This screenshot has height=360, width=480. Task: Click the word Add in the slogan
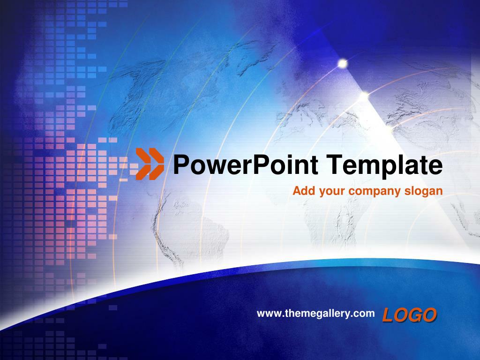(x=301, y=191)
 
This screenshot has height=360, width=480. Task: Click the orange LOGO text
(x=409, y=315)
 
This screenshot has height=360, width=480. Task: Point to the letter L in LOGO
(x=387, y=315)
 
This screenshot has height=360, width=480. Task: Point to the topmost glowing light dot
(x=343, y=63)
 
